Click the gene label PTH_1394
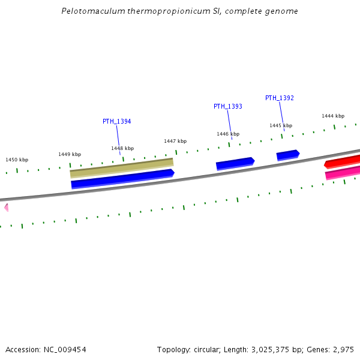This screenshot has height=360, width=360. (116, 121)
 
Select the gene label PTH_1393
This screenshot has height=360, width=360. (228, 106)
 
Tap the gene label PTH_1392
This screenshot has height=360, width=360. (280, 98)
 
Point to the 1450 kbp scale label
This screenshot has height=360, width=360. (17, 160)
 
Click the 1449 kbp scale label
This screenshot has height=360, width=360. (70, 154)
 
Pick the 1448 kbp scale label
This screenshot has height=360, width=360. (122, 148)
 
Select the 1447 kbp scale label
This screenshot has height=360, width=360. (175, 141)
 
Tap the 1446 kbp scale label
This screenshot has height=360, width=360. (228, 134)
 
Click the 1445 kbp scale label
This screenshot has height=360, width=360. (281, 125)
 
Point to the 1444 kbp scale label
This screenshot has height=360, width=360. (333, 116)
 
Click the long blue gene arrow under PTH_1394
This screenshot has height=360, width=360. (122, 179)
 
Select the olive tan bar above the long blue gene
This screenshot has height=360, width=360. (122, 168)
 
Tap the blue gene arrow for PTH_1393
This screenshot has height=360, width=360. (235, 163)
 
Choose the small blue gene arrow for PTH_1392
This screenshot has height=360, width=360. (288, 155)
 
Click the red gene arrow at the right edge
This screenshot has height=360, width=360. (343, 161)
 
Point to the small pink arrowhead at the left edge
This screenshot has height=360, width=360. (6, 208)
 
